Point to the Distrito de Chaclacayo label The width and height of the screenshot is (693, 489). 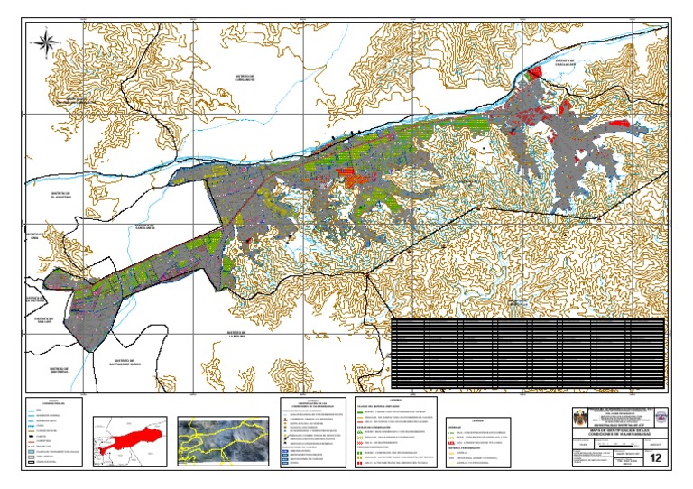tap(566, 64)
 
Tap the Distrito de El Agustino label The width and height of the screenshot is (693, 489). tap(60, 196)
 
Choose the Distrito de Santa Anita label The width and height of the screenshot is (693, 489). tap(146, 228)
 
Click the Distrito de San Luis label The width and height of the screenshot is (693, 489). tap(45, 321)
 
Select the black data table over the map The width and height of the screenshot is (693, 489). tap(528, 354)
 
